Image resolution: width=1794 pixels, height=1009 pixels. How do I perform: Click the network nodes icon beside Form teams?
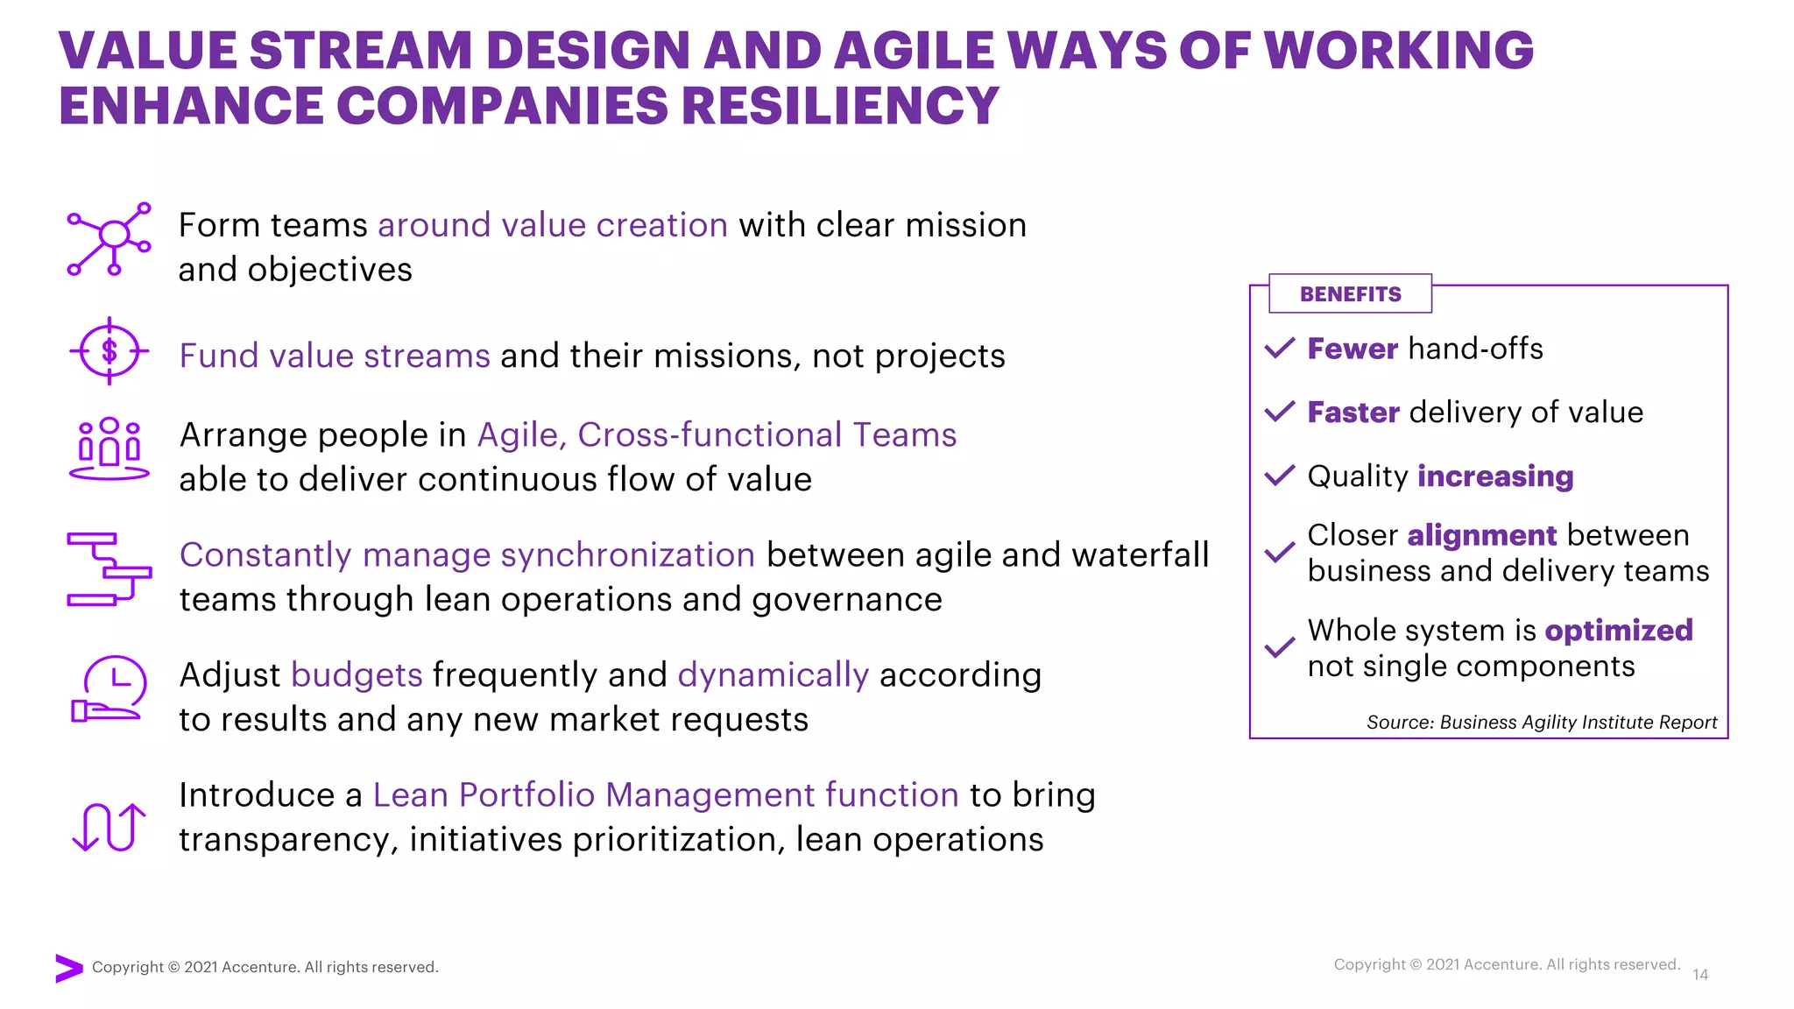click(110, 238)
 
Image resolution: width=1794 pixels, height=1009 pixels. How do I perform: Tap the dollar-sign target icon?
click(109, 351)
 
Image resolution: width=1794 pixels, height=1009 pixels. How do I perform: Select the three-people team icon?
click(109, 448)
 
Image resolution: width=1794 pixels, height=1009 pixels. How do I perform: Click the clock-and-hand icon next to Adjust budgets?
click(109, 689)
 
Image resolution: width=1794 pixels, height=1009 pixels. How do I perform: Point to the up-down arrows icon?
click(109, 827)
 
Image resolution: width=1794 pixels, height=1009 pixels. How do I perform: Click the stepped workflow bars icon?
click(109, 569)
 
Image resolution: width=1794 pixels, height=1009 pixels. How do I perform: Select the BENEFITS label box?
click(1350, 294)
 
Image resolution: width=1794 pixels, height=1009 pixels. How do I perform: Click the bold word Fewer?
click(1352, 349)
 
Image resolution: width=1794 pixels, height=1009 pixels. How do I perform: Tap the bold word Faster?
click(1353, 413)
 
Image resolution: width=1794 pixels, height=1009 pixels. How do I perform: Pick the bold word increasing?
click(1495, 476)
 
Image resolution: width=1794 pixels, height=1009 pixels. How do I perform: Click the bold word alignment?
click(1481, 535)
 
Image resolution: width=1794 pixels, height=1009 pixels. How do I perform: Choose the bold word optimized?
click(1618, 631)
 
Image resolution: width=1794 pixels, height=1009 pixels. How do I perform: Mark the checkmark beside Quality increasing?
click(1280, 476)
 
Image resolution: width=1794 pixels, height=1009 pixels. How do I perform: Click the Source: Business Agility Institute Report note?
click(1541, 723)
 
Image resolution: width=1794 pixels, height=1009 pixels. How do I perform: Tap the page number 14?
click(1700, 975)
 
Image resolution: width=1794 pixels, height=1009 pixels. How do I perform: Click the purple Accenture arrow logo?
click(68, 968)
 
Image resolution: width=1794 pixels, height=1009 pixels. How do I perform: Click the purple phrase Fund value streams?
click(335, 356)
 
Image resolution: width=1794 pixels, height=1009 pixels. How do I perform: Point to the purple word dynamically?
click(773, 675)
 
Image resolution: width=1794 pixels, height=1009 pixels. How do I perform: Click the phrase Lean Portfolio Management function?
click(666, 795)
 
